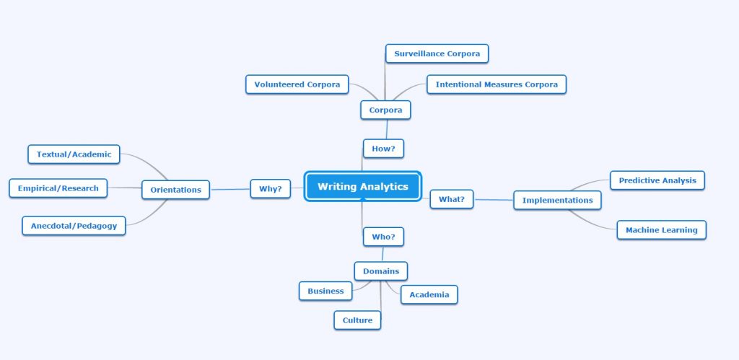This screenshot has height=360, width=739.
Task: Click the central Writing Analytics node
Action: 362,187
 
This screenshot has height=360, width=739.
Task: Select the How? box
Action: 382,149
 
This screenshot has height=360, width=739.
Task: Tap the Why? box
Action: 270,189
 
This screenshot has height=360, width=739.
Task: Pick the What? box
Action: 452,199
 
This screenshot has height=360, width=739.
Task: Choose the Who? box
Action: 382,237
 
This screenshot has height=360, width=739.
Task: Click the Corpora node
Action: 385,110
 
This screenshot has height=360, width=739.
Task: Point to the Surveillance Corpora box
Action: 437,53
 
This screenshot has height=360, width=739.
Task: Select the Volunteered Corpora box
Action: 297,84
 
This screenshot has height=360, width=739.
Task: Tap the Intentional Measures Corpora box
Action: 496,84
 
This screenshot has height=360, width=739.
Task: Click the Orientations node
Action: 175,190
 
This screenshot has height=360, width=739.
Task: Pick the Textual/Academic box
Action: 74,154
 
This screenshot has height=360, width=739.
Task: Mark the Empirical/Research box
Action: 58,188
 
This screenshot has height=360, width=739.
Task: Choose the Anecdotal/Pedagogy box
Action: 74,226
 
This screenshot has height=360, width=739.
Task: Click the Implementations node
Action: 557,200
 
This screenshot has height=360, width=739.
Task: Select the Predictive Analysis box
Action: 657,180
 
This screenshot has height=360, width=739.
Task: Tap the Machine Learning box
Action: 661,230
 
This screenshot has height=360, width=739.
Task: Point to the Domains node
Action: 381,271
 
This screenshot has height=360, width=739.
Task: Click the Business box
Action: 325,291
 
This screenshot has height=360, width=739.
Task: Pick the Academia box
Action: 429,294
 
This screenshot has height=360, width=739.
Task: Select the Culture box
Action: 357,320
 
